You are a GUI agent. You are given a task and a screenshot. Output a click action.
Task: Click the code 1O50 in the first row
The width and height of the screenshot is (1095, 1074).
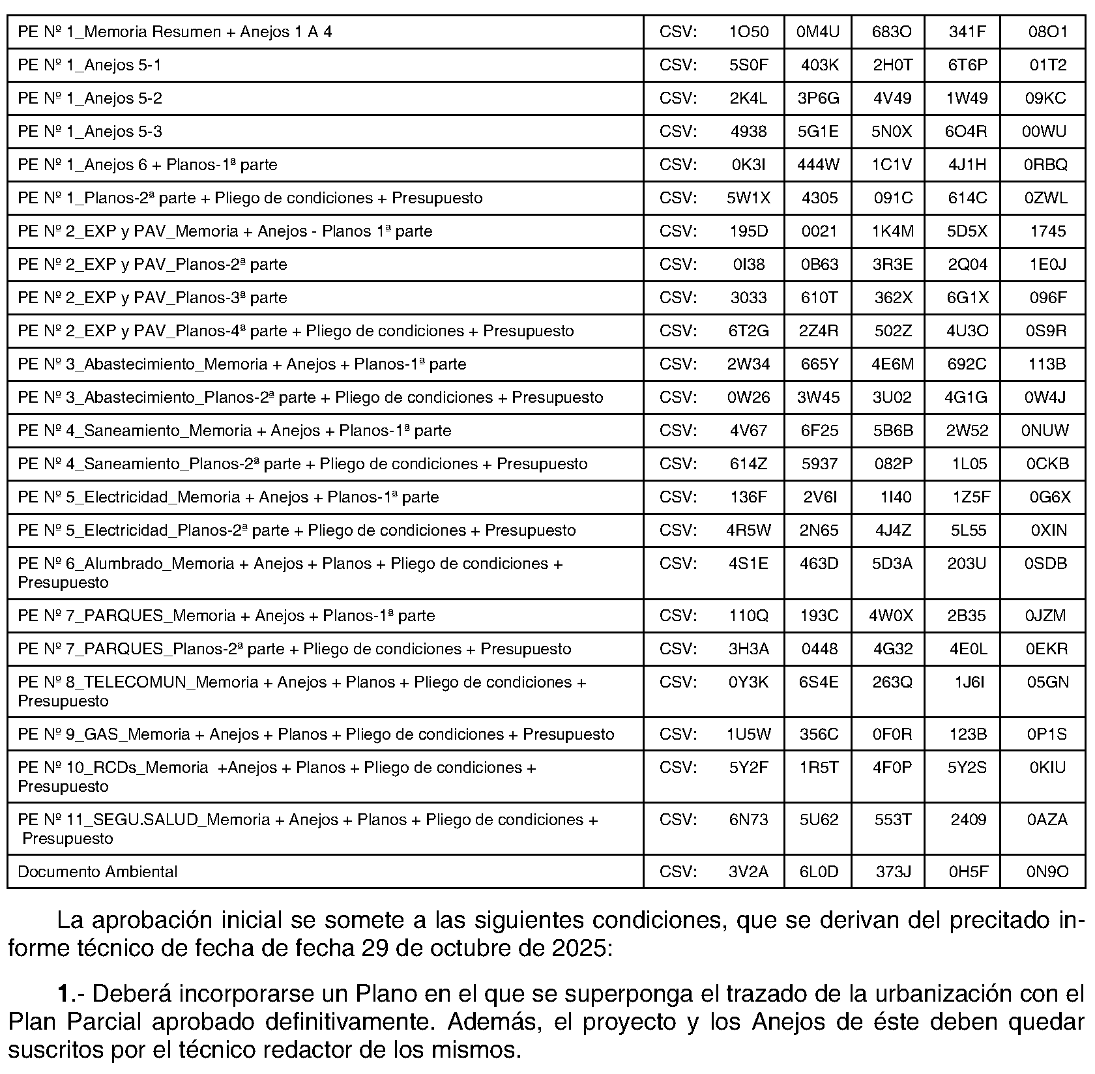coord(748,32)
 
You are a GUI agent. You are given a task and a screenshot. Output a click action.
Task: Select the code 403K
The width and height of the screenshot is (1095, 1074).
coord(819,65)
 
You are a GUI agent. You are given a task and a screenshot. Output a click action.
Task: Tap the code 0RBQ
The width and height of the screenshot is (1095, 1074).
coord(1045,165)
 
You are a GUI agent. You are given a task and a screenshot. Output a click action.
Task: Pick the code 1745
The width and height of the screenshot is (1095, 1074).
coord(1047,231)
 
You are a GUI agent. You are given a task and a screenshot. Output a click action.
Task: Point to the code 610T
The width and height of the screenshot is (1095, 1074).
coord(819,298)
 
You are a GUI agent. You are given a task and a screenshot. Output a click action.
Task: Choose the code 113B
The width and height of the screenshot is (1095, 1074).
coord(1046,364)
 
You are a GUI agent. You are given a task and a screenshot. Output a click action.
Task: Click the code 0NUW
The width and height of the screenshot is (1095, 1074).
coord(1045,431)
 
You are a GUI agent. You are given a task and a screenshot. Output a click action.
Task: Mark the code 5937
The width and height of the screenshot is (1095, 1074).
coord(819,464)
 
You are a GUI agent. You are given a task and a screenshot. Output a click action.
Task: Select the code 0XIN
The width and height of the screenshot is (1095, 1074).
coord(1048,530)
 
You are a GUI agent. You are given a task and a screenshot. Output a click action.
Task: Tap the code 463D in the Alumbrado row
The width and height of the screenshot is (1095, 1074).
coord(819,564)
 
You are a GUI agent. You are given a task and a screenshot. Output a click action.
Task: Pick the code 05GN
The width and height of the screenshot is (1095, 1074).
coord(1047,682)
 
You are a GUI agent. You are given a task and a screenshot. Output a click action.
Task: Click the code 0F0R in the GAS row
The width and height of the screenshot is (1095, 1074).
coord(892,735)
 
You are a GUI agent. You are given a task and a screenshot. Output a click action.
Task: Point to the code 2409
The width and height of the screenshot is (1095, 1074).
coord(968,820)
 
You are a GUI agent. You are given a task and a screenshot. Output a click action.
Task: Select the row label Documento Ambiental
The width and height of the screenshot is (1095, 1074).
coord(97,872)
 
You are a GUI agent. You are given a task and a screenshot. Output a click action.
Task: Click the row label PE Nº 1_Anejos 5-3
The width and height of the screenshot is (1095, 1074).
coord(90,132)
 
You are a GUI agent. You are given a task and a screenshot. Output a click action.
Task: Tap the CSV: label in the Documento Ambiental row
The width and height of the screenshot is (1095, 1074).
coord(678,872)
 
